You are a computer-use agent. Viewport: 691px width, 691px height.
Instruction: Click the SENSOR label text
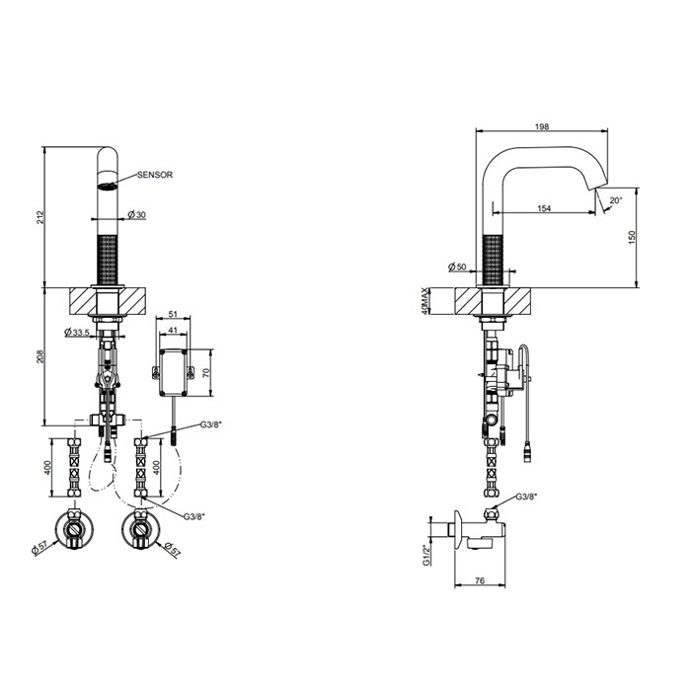pyautogui.click(x=155, y=175)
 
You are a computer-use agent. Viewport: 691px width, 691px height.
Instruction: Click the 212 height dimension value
pyautogui.click(x=41, y=217)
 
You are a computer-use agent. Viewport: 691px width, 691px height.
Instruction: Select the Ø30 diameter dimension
pyautogui.click(x=136, y=214)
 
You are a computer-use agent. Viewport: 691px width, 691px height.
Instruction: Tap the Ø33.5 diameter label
pyautogui.click(x=77, y=332)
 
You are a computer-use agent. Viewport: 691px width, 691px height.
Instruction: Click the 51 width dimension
pyautogui.click(x=173, y=314)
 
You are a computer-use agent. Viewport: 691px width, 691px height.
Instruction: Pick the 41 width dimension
pyautogui.click(x=173, y=330)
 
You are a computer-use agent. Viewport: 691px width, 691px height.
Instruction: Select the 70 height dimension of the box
pyautogui.click(x=205, y=373)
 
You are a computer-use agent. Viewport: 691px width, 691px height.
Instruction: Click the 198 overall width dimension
pyautogui.click(x=542, y=127)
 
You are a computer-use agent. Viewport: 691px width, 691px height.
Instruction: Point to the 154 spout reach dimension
pyautogui.click(x=544, y=208)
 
